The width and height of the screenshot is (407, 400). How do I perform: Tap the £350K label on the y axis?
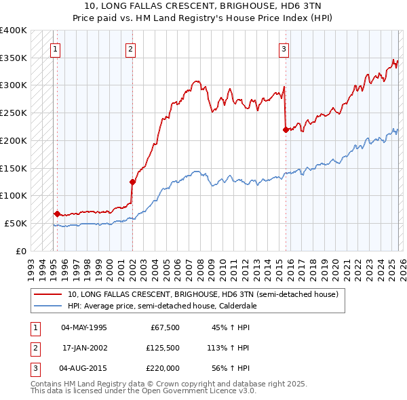pos(14,58)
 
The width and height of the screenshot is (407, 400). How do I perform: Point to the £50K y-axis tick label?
pos(16,223)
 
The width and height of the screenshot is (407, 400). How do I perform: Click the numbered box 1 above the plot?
pos(54,48)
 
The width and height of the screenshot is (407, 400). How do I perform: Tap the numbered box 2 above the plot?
pos(130,48)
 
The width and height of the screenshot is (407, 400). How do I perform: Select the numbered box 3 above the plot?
pos(284,48)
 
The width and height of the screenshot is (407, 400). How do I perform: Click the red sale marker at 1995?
pos(57,214)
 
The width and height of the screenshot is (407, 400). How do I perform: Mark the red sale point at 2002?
pos(133,181)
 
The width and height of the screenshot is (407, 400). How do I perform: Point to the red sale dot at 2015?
pos(286,129)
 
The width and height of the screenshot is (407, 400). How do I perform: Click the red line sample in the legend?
pos(47,295)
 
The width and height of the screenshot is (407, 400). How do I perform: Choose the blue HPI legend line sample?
pos(47,306)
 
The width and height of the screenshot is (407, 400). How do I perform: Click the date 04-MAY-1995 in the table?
pos(83,327)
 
